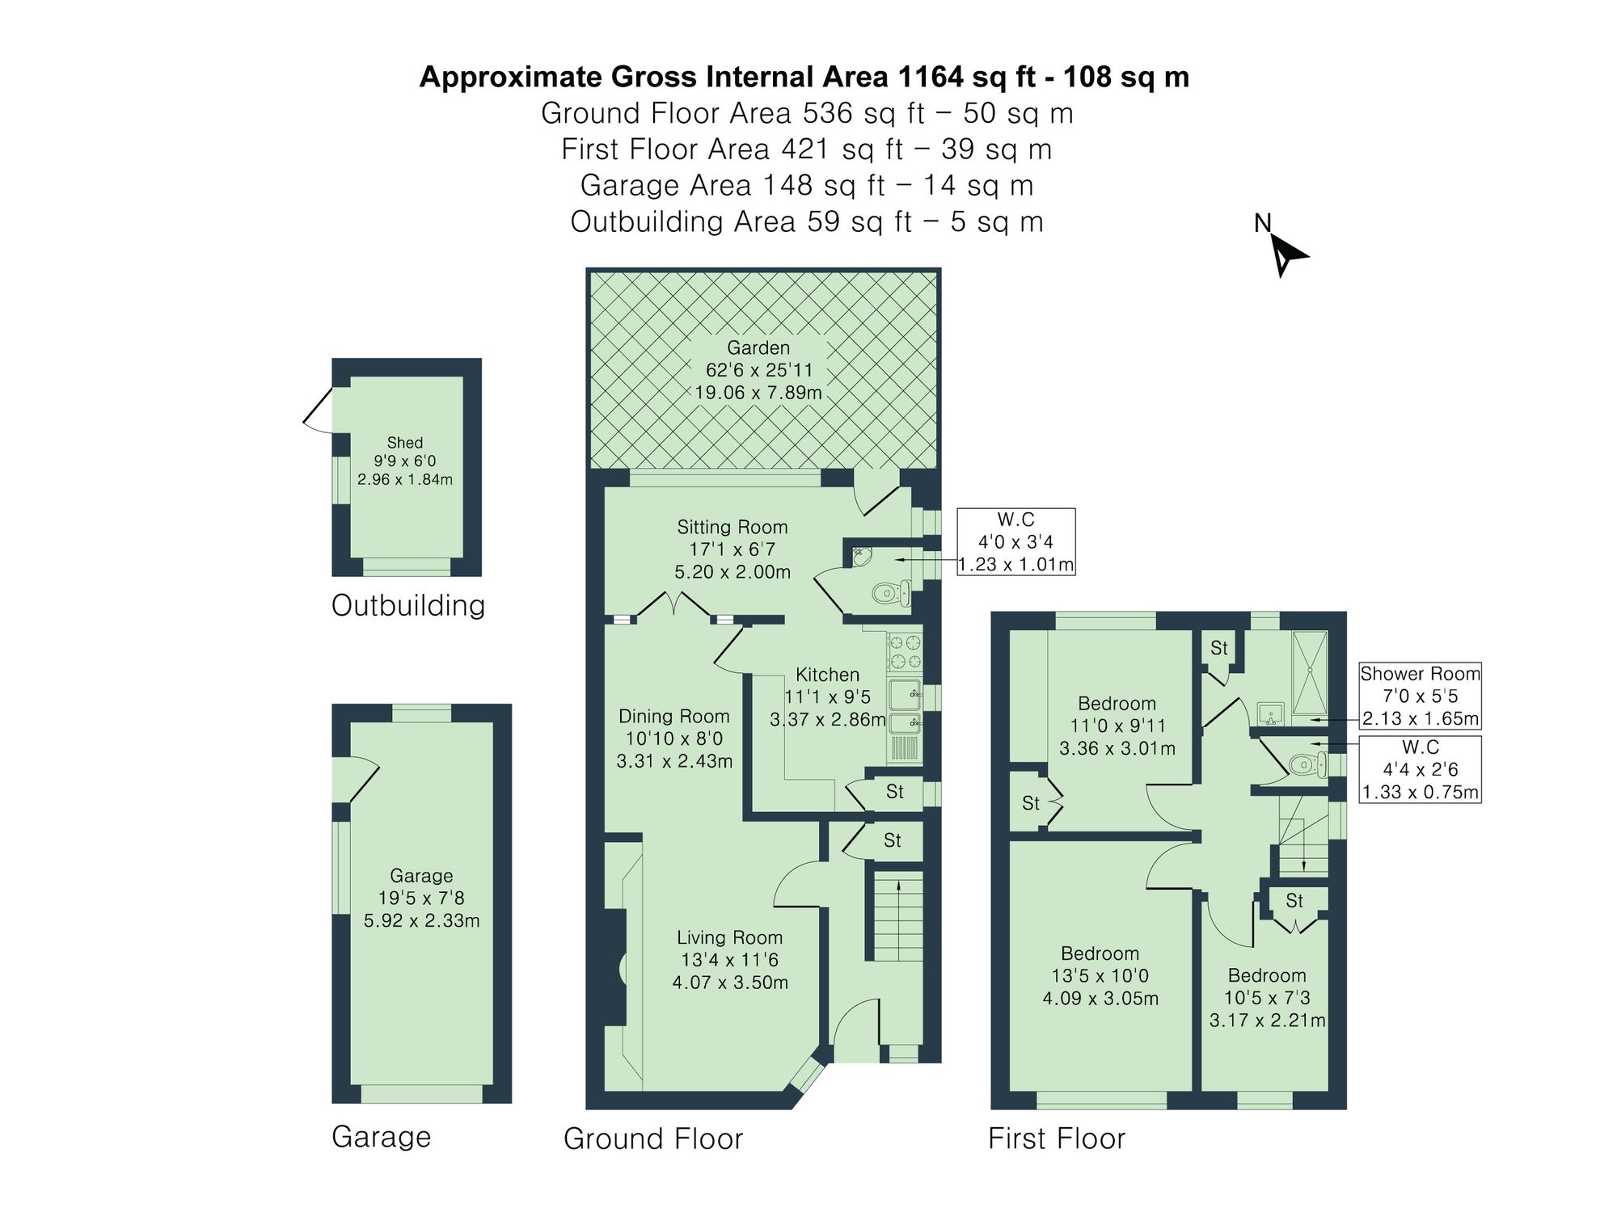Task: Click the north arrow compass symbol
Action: tap(1285, 254)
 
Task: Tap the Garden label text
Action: tap(758, 348)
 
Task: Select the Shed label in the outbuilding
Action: tap(404, 443)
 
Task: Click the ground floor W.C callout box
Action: tap(1015, 541)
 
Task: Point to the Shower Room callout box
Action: tap(1420, 696)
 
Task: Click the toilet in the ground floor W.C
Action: tap(890, 594)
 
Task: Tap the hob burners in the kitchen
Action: tap(905, 652)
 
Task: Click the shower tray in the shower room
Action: tap(1310, 672)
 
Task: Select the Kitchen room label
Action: tap(827, 675)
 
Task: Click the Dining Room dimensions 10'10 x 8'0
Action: tap(673, 739)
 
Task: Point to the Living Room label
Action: tap(729, 937)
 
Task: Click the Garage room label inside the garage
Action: tap(421, 875)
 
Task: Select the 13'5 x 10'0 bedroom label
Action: tap(1100, 976)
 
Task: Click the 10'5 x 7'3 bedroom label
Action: tap(1266, 998)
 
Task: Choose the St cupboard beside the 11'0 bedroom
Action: tap(1030, 803)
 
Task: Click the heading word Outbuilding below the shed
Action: tap(408, 605)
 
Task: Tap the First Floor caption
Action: tap(1056, 1138)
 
